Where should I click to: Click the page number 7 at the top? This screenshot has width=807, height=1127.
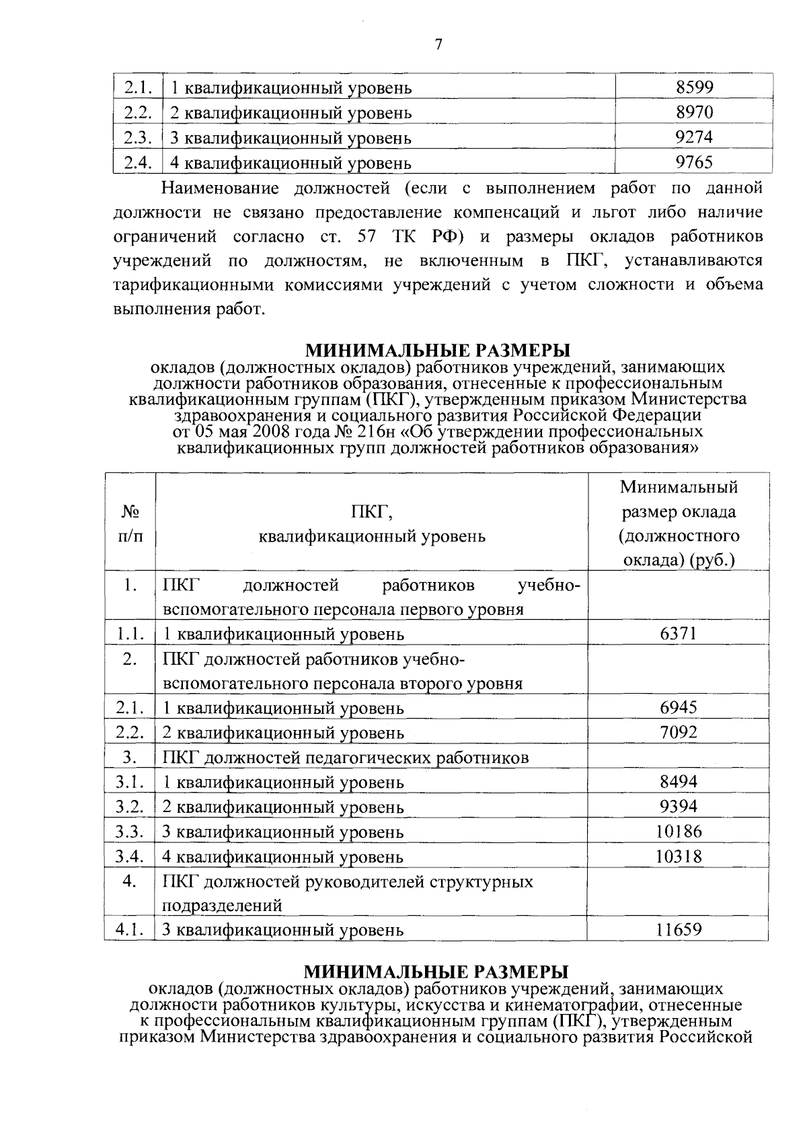pyautogui.click(x=438, y=45)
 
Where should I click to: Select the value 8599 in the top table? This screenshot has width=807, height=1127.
pyautogui.click(x=694, y=87)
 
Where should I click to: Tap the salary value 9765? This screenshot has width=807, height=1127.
pyautogui.click(x=694, y=162)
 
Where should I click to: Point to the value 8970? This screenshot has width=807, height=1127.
pyautogui.click(x=694, y=112)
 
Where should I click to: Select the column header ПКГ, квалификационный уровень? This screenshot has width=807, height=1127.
pyautogui.click(x=371, y=524)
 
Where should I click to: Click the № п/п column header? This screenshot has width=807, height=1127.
pyautogui.click(x=130, y=524)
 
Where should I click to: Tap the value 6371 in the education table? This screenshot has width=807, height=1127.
pyautogui.click(x=678, y=633)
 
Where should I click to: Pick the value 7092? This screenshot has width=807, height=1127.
pyautogui.click(x=678, y=732)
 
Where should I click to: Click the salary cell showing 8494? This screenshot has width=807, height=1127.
pyautogui.click(x=678, y=781)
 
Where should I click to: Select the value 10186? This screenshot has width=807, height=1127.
pyautogui.click(x=678, y=831)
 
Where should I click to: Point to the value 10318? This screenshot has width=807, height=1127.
pyautogui.click(x=678, y=856)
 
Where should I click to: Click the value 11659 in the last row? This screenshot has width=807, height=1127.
pyautogui.click(x=678, y=930)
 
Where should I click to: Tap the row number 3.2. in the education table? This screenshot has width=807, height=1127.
pyautogui.click(x=129, y=806)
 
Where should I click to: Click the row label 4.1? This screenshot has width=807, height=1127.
pyautogui.click(x=129, y=930)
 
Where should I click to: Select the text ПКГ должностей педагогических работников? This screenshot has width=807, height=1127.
pyautogui.click(x=346, y=758)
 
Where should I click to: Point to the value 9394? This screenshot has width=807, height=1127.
pyautogui.click(x=678, y=806)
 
